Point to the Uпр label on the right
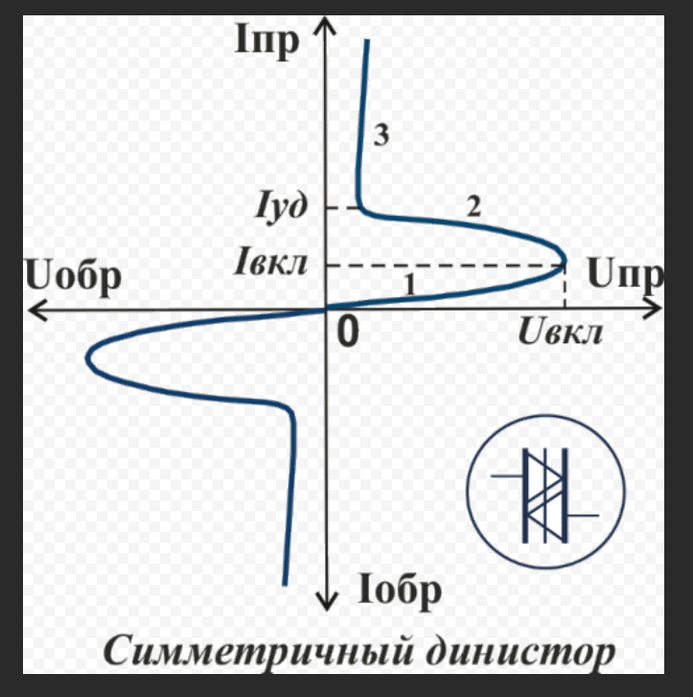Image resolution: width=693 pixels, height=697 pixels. pos(624,276)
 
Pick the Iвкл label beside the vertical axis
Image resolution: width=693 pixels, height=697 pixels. pos(270,262)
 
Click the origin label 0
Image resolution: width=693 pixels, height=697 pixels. pos(347,332)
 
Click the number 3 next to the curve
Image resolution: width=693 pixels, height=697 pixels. pos(381,137)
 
